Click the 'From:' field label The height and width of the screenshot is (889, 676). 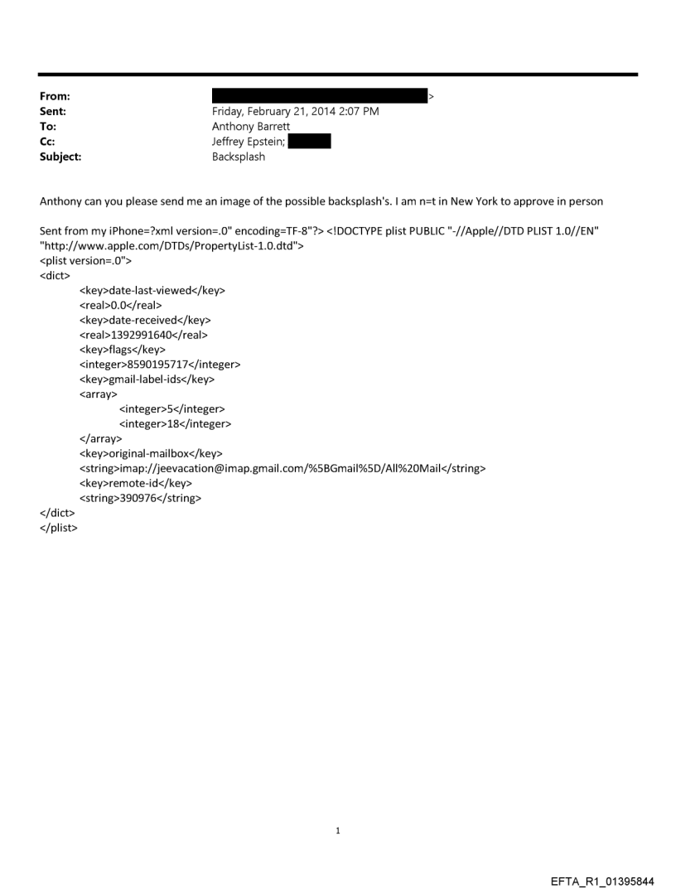click(54, 97)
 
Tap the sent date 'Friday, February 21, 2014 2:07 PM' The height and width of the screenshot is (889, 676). click(296, 112)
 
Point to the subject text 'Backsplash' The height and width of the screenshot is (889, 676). click(239, 157)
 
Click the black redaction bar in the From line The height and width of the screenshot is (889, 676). click(319, 96)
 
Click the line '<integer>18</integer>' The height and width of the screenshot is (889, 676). click(175, 423)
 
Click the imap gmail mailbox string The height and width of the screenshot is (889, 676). click(282, 468)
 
